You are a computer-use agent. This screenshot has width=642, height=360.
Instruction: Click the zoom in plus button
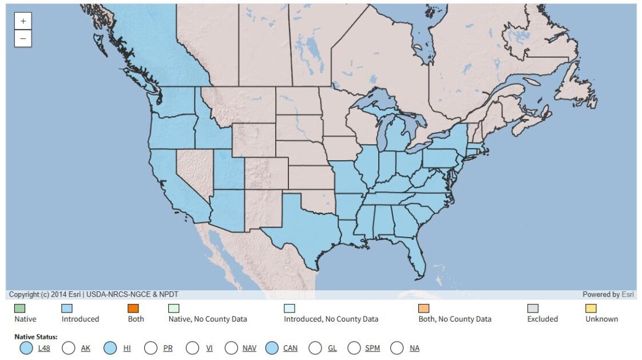(23, 21)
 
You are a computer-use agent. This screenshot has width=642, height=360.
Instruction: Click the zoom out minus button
(23, 38)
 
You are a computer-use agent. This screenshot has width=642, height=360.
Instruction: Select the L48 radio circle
(26, 347)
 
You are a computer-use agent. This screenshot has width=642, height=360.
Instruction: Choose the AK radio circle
(69, 347)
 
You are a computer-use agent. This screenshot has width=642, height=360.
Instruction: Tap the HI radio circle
(111, 347)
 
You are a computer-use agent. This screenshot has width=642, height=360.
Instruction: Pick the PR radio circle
(151, 347)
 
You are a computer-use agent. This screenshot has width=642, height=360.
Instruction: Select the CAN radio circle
(272, 347)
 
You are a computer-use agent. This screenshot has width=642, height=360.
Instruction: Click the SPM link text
(372, 348)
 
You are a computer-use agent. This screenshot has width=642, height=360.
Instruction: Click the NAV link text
(249, 348)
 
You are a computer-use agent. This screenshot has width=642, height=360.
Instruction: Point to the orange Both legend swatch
(133, 308)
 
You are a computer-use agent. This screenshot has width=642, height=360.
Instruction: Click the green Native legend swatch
(20, 308)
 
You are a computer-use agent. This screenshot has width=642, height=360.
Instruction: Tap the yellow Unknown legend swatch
(591, 308)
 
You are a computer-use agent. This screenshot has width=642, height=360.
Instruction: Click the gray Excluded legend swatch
(533, 308)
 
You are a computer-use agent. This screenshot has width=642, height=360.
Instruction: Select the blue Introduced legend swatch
(67, 308)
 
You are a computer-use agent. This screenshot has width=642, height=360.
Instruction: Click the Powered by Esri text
(609, 294)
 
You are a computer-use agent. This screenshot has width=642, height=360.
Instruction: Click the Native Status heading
(36, 337)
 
